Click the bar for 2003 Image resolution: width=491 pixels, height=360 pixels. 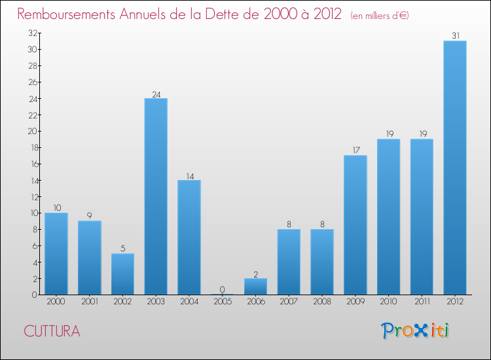(156, 196)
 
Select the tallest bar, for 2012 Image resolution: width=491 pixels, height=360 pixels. (455, 168)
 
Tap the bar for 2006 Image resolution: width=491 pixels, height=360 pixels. (255, 287)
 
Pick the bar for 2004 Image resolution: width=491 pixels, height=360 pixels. (189, 237)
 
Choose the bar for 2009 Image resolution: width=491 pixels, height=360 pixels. (355, 225)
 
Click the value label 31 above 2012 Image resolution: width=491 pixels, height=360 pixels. (455, 36)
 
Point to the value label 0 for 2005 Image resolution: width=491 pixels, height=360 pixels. (223, 290)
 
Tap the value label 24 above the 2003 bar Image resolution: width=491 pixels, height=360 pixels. (156, 94)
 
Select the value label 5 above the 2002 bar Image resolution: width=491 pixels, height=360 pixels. (123, 249)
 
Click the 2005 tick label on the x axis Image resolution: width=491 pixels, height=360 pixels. (223, 302)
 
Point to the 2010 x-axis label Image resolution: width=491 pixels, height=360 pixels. (388, 302)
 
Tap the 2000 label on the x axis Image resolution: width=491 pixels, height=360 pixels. (56, 302)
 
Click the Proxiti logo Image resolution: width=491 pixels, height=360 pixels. (416, 331)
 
